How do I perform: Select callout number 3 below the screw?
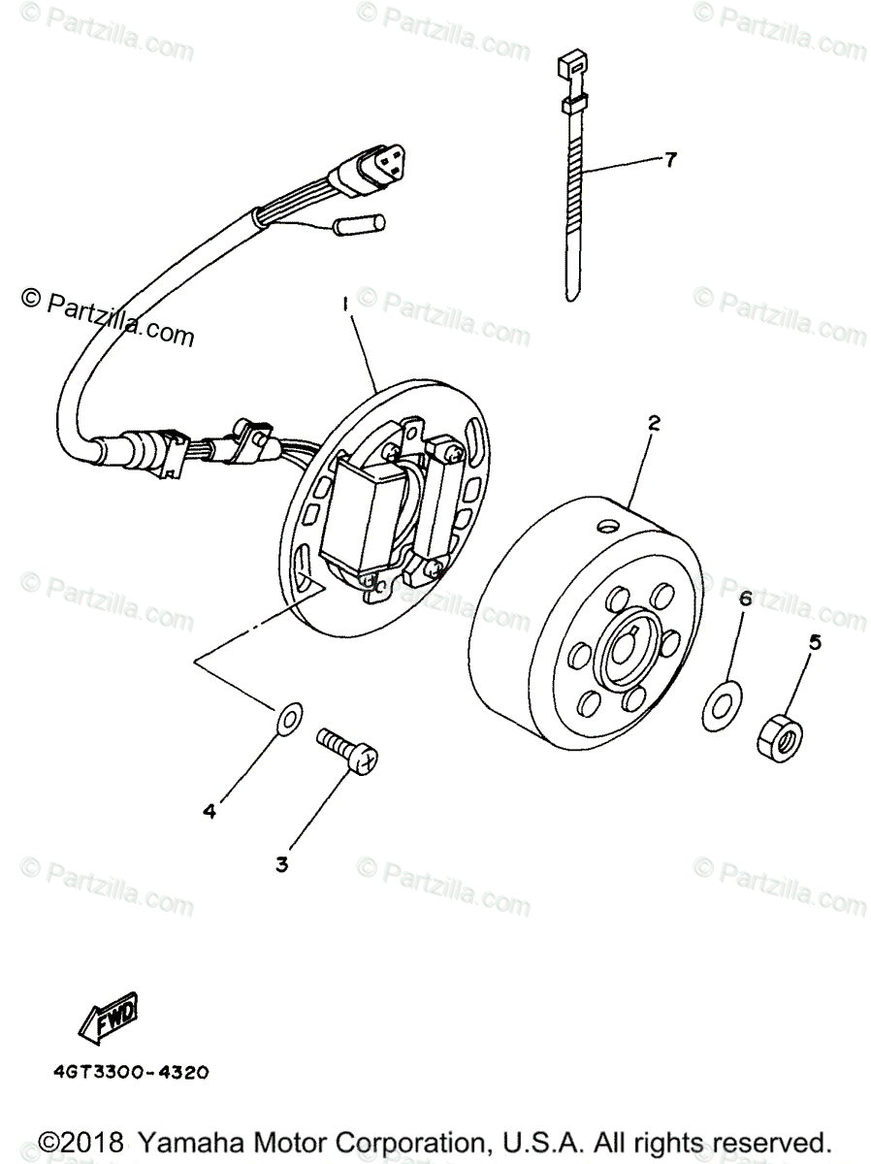click(282, 863)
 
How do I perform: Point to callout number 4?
click(208, 811)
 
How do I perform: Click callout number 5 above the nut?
click(815, 640)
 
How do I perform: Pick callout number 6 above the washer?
click(745, 599)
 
